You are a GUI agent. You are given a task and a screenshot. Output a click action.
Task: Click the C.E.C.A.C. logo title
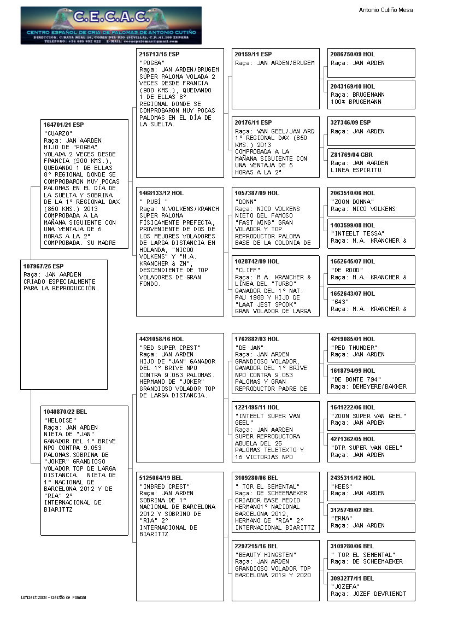[111, 17]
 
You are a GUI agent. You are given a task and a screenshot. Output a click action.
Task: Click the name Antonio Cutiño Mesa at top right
[386, 10]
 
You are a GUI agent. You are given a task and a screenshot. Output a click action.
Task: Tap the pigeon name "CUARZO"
[58, 133]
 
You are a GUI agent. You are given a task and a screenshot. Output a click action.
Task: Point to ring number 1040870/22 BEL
[66, 412]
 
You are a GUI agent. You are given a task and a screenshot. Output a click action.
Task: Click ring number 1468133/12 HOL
[162, 193]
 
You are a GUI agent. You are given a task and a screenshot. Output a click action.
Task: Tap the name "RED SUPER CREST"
[170, 348]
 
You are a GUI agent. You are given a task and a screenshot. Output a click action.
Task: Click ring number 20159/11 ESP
[253, 55]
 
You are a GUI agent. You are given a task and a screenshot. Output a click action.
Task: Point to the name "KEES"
[342, 486]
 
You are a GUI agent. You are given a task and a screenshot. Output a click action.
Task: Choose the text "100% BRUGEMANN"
[356, 102]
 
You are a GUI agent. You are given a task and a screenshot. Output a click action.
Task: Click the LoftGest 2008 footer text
[54, 597]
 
